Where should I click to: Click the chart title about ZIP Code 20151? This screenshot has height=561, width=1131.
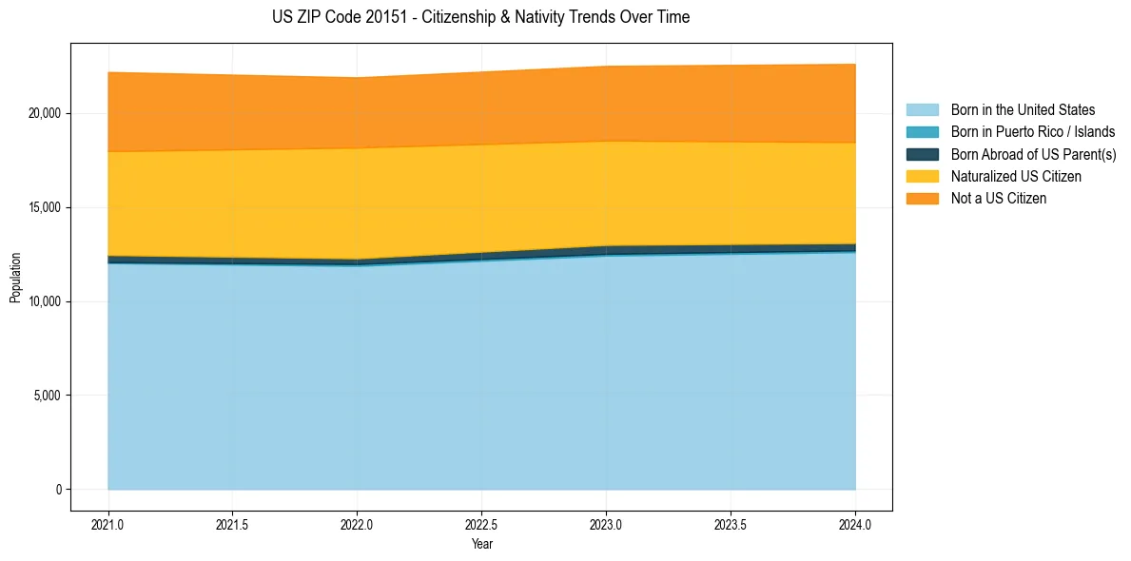[x=480, y=17]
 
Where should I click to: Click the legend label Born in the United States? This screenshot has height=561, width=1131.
[x=1023, y=110]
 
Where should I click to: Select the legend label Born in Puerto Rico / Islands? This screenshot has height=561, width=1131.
[x=1033, y=132]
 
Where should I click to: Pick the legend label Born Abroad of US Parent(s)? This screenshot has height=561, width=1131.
[x=1033, y=154]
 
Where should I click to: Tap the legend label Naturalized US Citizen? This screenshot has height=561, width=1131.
[x=1016, y=177]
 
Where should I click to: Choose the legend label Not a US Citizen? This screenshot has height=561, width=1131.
[x=999, y=199]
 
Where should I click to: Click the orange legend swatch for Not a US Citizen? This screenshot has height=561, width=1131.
[x=922, y=199]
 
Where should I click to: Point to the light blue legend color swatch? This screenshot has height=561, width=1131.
[x=922, y=110]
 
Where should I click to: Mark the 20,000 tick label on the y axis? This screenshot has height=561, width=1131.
[x=45, y=113]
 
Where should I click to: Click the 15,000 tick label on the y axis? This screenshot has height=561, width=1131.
[x=45, y=207]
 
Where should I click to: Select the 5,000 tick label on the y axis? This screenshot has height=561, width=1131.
[x=48, y=396]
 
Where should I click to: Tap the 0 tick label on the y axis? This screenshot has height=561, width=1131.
[x=58, y=490]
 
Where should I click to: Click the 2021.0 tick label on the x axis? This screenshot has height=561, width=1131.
[x=107, y=524]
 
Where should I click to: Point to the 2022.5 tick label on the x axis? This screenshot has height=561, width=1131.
[x=481, y=524]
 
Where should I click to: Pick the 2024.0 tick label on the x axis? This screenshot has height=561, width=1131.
[x=855, y=524]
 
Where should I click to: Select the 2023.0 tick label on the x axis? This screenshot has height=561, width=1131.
[x=606, y=524]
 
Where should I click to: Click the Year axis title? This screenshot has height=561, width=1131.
[x=481, y=544]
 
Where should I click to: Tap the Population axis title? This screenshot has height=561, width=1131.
[x=15, y=278]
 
